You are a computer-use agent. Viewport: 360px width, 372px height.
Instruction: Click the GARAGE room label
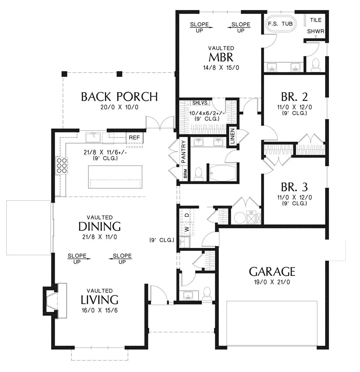[x=272, y=272]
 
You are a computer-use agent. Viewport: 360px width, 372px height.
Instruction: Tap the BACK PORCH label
[x=119, y=97]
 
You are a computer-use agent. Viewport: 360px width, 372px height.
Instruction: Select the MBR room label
[x=221, y=57]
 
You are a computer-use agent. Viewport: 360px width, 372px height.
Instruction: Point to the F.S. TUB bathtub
[x=280, y=24]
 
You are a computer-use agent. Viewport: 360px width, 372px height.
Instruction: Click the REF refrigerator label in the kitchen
[x=134, y=137]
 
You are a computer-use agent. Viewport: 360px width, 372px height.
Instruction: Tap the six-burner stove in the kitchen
[x=61, y=165]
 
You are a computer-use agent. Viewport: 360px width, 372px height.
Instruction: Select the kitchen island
[x=115, y=177]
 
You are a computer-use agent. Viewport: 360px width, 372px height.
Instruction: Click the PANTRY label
[x=183, y=152]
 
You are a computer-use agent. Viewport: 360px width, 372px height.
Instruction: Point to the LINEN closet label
[x=232, y=136]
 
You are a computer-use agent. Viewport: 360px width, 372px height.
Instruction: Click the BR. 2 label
[x=294, y=97]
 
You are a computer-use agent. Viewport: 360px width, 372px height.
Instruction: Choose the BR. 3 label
[x=294, y=187]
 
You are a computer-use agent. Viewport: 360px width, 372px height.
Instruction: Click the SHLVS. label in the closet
[x=200, y=103]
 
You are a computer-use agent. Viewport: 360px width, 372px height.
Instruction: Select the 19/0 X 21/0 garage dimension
[x=272, y=282]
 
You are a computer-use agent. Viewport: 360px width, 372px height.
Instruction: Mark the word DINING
[x=100, y=227]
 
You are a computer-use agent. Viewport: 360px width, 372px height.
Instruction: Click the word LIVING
[x=100, y=300]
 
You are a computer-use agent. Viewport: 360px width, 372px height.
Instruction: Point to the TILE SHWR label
[x=316, y=26]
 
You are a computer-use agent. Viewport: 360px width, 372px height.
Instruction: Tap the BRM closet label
[x=185, y=174]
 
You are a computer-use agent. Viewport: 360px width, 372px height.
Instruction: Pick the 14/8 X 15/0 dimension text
[x=221, y=68]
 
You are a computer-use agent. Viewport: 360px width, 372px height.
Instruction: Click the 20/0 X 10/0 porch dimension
[x=119, y=107]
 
